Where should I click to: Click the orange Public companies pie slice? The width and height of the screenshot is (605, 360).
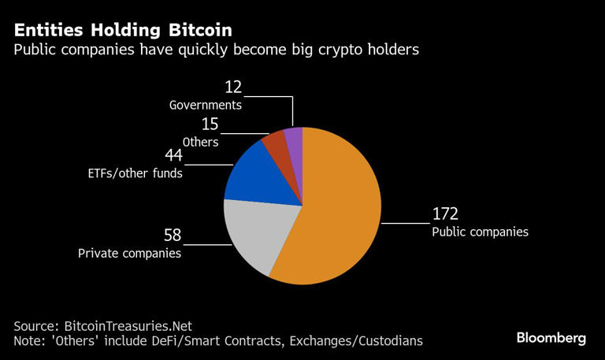click(x=339, y=213)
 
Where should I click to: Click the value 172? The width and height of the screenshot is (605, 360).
click(x=445, y=214)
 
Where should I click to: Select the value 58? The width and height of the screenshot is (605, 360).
click(x=173, y=236)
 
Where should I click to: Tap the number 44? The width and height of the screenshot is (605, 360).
click(x=173, y=155)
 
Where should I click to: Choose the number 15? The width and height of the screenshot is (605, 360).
click(x=210, y=124)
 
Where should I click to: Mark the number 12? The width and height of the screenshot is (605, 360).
click(x=234, y=87)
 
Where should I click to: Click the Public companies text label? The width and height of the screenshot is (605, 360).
click(x=479, y=232)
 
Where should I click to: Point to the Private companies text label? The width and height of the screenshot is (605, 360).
click(x=129, y=254)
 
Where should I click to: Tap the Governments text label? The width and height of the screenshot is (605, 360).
click(x=205, y=105)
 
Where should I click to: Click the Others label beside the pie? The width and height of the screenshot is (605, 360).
click(x=201, y=142)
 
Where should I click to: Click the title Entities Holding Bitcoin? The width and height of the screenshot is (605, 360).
click(x=122, y=30)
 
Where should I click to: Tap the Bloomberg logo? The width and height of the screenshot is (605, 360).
click(x=551, y=338)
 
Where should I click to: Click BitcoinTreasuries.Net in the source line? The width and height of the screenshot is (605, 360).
click(x=126, y=325)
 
